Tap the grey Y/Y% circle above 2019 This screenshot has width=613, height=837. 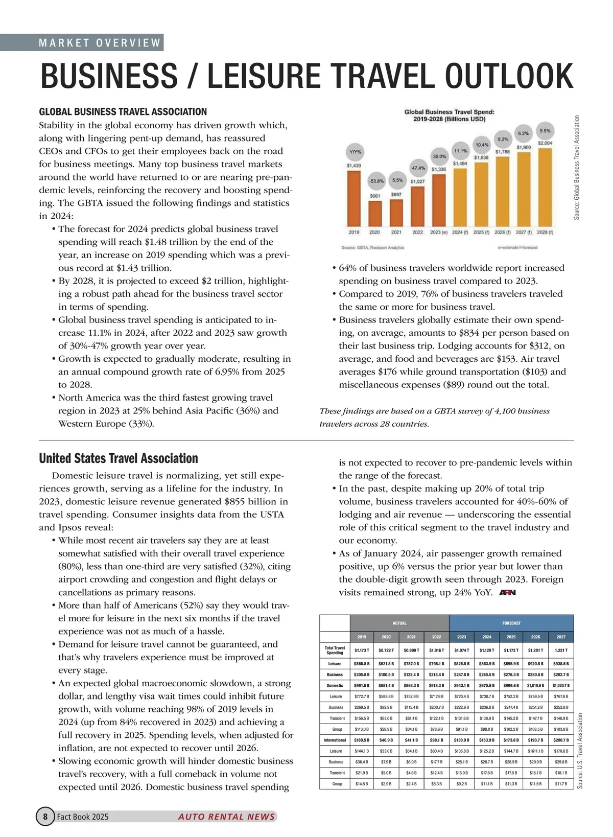354,152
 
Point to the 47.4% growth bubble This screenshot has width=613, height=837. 418,168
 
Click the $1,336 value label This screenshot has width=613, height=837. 439,169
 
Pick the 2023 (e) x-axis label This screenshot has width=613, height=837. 439,232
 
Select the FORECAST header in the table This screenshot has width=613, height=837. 511,623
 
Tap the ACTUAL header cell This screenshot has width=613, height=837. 399,623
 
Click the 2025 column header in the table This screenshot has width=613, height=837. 511,637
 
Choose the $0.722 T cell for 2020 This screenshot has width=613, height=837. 387,650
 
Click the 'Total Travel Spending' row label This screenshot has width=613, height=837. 335,650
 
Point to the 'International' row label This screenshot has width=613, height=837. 335,740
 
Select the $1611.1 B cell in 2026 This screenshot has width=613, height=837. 536,751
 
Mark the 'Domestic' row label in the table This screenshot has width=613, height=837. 335,685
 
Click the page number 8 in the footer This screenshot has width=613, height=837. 45,817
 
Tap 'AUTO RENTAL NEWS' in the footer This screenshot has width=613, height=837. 226,817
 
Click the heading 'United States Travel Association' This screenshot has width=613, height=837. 119,458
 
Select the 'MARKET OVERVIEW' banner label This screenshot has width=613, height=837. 100,43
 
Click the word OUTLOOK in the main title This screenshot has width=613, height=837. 509,77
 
